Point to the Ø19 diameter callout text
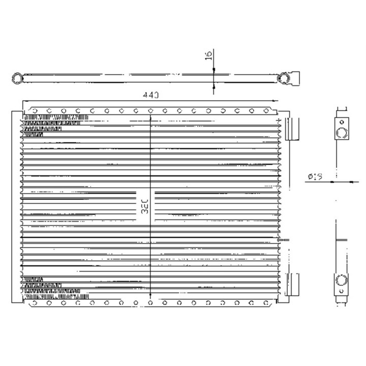click(315, 176)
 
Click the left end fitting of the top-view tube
click(17, 77)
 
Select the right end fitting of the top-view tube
click(284, 77)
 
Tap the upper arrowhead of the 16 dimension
click(213, 71)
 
